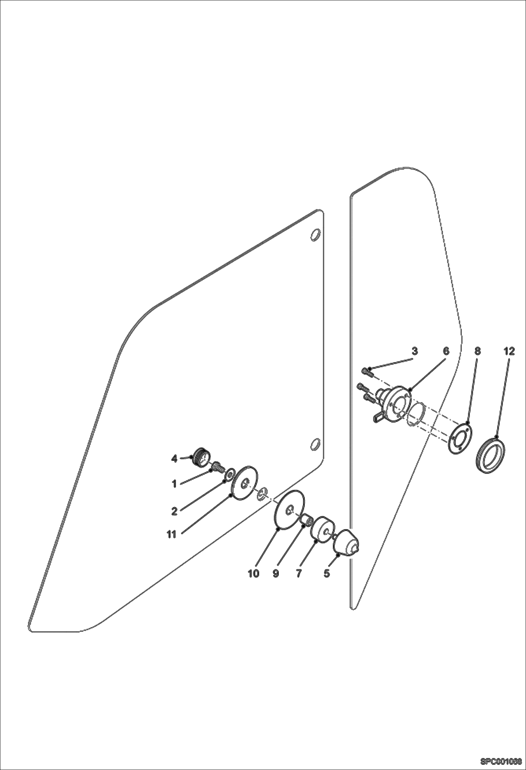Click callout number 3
415,351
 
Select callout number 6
446,351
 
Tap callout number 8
477,351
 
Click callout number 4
174,458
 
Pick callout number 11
171,535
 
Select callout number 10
254,573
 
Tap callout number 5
327,573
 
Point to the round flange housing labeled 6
397,403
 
